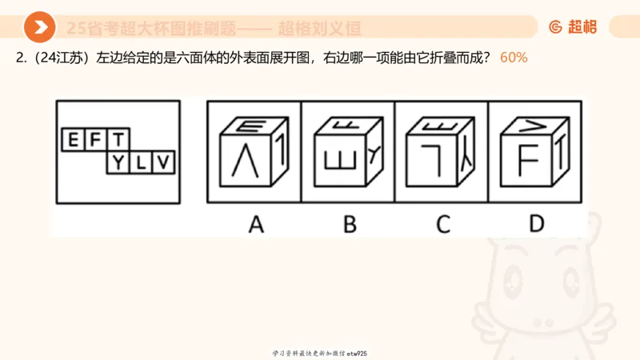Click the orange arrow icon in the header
click(x=39, y=28)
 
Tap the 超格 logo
click(x=573, y=27)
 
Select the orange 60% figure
click(x=514, y=58)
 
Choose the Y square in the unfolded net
click(x=118, y=163)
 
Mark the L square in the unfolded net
click(x=141, y=163)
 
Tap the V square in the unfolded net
click(x=163, y=163)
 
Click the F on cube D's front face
click(x=526, y=159)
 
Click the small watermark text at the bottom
click(x=319, y=353)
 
